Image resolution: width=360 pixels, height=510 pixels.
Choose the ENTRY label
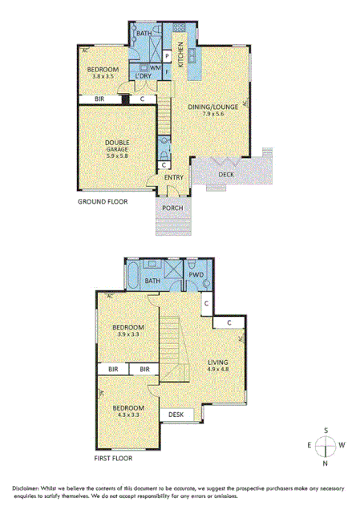click(174, 177)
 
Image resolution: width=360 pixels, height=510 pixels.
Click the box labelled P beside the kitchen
click(166, 55)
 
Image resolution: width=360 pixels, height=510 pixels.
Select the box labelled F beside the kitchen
click(166, 70)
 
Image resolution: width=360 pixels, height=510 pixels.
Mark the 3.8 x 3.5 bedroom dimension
click(103, 78)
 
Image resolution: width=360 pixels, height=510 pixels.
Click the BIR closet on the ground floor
click(99, 99)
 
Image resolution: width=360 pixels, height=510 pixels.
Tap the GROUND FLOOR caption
click(103, 201)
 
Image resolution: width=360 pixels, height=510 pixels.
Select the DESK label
click(175, 415)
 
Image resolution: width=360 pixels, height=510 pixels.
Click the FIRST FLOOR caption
click(111, 459)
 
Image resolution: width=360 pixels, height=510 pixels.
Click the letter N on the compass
click(326, 463)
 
